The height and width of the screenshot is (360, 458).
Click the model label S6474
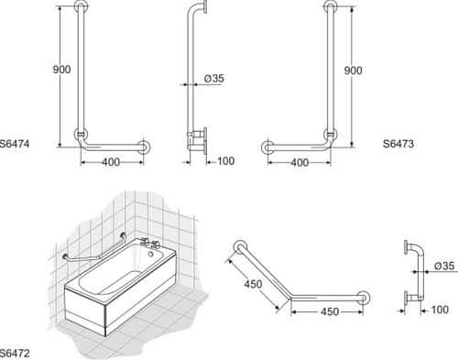click(x=15, y=144)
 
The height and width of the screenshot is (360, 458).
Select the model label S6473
click(x=398, y=144)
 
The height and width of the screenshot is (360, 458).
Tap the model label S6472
click(x=15, y=354)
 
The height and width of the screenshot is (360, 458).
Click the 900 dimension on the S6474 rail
click(x=61, y=70)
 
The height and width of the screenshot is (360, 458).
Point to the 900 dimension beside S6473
click(x=354, y=71)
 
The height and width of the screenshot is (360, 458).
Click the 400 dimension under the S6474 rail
click(x=111, y=162)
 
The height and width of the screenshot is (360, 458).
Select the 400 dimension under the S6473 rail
click(x=300, y=162)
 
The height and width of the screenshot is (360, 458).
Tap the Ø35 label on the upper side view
click(x=214, y=79)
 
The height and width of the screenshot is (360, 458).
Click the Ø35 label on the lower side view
click(x=444, y=266)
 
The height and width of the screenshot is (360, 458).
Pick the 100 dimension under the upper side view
click(x=226, y=161)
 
